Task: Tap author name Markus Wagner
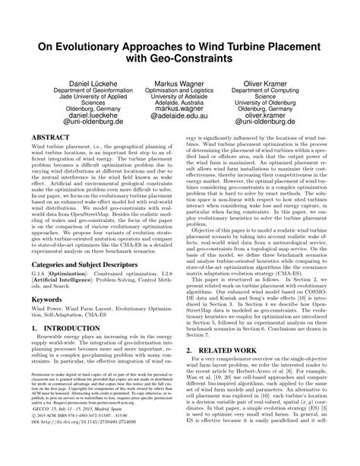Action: [x=180, y=82]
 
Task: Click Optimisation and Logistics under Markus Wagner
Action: [x=180, y=90]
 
